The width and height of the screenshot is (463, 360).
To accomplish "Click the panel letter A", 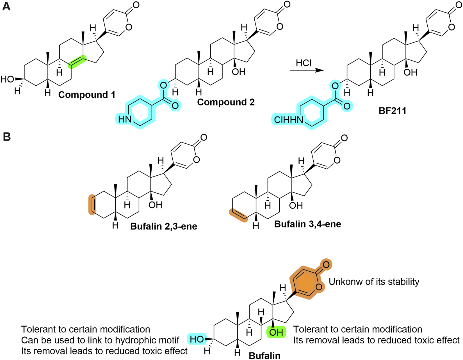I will [6, 6].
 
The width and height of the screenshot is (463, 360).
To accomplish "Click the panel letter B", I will [7, 137].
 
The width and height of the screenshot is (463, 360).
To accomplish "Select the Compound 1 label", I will [87, 95].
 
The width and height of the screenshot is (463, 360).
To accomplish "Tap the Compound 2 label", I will [226, 102].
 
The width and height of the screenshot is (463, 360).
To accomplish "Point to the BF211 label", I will [392, 111].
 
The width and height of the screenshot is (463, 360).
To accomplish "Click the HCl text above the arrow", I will [304, 63].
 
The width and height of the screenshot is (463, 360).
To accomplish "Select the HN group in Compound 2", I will [125, 119].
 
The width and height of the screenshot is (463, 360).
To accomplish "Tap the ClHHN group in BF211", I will [289, 120].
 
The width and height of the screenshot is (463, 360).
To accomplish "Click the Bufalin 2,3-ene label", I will [163, 226].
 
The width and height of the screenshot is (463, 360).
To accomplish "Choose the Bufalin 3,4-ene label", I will [307, 224].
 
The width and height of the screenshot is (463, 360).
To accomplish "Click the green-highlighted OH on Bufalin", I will [276, 333].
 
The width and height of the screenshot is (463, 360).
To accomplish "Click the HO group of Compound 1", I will [8, 79].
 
